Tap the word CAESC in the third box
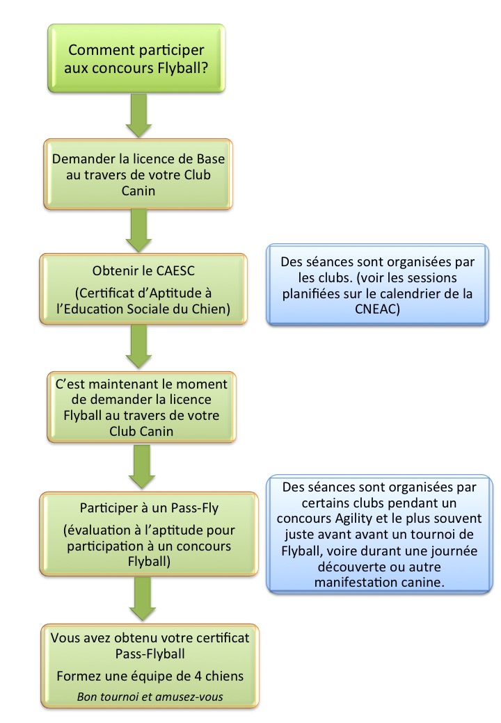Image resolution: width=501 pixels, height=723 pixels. click(165, 270)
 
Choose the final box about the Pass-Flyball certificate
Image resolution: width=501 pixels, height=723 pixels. click(137, 665)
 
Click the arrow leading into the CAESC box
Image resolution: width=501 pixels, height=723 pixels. click(138, 229)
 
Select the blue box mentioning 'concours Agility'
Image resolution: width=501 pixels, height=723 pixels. click(379, 534)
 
